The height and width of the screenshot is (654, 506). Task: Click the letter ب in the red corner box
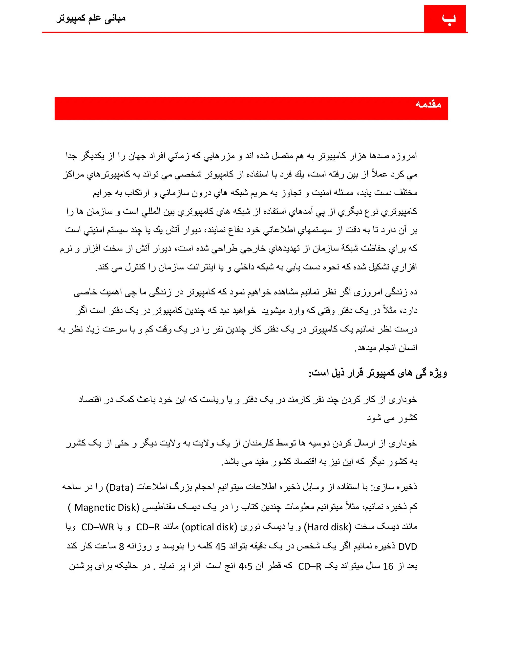(x=448, y=19)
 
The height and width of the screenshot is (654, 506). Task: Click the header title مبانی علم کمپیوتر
(x=91, y=19)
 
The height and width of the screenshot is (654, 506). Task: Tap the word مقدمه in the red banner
(x=428, y=104)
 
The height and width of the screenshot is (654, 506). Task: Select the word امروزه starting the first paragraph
(x=404, y=156)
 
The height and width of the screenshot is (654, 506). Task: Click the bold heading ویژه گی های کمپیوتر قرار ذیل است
(x=378, y=373)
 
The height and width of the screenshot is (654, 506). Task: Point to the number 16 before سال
(x=388, y=566)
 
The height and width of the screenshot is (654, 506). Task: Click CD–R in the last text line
(x=310, y=566)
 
